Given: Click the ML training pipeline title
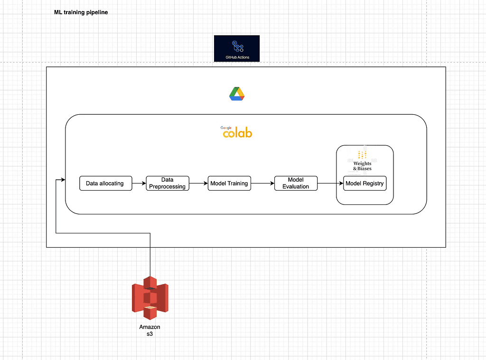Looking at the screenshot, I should (81, 12).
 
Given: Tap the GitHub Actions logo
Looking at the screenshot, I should (237, 48).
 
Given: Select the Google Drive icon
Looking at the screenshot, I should (237, 94).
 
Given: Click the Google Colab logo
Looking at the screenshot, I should (237, 132).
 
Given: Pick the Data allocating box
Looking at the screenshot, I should (105, 183).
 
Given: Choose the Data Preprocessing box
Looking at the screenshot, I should (167, 183).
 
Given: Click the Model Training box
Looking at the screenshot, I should (229, 183).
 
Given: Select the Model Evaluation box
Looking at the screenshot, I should (295, 183).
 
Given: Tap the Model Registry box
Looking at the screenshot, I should (364, 183).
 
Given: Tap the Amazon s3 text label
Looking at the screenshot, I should (150, 331).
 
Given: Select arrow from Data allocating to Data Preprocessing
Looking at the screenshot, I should (138, 183).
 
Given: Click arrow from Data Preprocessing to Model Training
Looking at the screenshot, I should (198, 183).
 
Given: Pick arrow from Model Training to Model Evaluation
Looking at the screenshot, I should (262, 183).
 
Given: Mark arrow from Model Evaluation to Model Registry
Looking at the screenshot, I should (330, 183).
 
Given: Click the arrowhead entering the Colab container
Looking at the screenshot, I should (62, 180).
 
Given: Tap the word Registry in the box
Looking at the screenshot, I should (374, 183).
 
